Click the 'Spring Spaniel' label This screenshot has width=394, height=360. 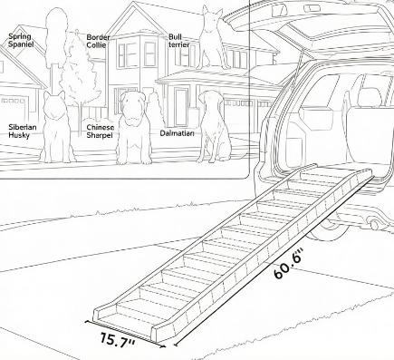point(21,40)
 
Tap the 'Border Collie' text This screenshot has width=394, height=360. point(98,41)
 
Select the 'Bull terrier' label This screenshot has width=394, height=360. point(179,41)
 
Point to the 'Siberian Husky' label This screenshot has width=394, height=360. point(23,131)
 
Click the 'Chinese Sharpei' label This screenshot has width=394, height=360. point(101,131)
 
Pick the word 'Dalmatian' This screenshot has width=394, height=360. point(177,133)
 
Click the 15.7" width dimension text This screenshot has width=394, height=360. point(117,340)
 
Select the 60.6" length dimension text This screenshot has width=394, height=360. point(288,264)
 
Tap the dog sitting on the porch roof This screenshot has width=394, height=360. point(213,38)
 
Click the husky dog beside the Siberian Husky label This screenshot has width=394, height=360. point(56,127)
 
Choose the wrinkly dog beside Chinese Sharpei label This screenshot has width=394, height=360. point(134,128)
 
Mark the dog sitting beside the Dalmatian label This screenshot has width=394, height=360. point(214,126)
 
